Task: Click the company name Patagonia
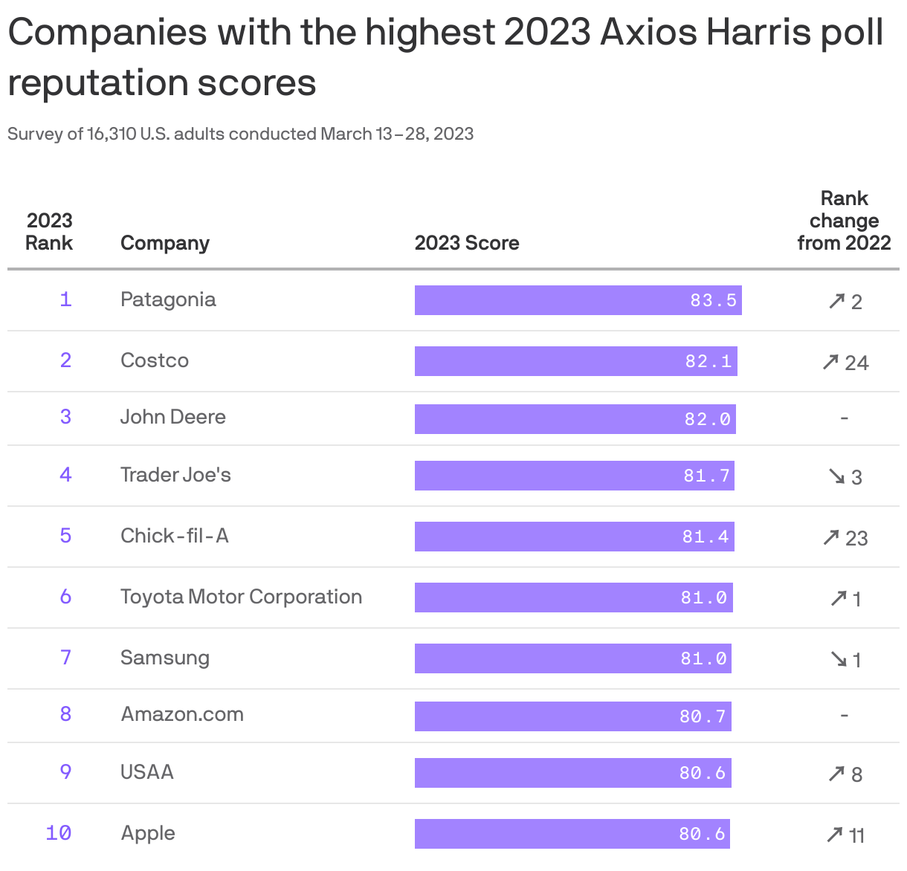coord(168,299)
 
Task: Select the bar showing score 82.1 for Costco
coord(575,361)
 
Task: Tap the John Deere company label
coord(172,417)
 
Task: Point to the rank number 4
coord(65,475)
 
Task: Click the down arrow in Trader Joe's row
coord(837,476)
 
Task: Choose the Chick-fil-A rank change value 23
coord(856,538)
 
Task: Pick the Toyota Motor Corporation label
coord(241,597)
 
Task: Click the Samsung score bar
coord(572,658)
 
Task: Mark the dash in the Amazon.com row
coord(844,716)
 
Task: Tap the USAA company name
coord(147,772)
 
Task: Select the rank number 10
coord(59,833)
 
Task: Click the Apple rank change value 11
coord(856,836)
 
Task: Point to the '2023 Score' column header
coord(466,243)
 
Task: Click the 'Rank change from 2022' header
coord(844,221)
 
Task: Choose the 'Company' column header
coord(165,243)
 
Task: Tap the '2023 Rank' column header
coord(49,232)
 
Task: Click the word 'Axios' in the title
coord(649,32)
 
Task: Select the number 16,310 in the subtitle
coord(112,134)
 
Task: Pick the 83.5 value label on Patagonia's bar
coord(713,300)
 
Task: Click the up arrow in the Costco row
coord(830,362)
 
